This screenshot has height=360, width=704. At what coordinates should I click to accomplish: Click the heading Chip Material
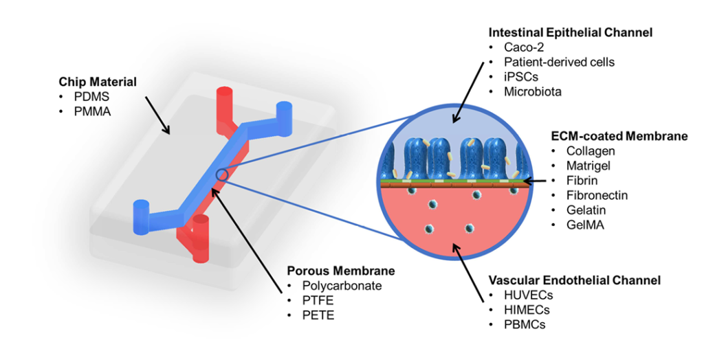[97, 82]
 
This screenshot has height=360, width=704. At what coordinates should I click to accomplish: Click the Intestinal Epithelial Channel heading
[570, 32]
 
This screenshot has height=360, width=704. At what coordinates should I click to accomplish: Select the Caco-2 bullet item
[524, 47]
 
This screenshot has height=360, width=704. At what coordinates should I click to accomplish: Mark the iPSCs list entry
[521, 77]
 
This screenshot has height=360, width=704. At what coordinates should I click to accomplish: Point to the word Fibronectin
[597, 195]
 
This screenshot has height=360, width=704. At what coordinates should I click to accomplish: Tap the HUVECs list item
[529, 295]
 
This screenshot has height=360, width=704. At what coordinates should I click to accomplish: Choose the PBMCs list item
[525, 324]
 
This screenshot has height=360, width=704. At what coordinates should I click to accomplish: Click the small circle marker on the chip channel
[222, 175]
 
